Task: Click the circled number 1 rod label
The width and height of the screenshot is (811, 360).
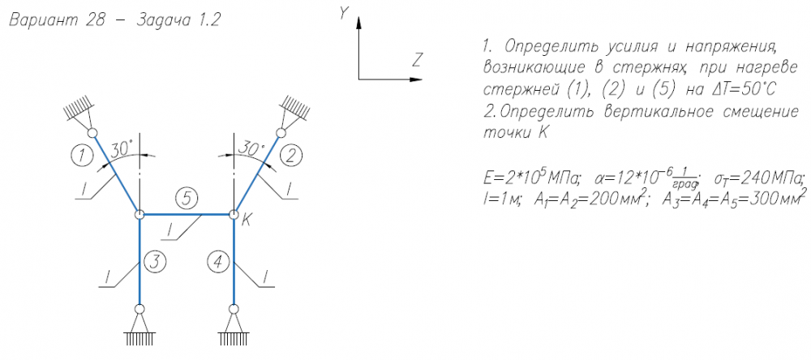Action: (80, 153)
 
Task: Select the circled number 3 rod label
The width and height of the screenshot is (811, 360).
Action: (155, 261)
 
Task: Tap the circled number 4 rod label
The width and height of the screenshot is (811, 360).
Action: (218, 261)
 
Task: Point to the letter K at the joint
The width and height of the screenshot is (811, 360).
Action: (245, 221)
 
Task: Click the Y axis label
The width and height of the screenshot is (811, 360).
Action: (344, 13)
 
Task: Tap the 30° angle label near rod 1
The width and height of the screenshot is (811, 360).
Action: (122, 149)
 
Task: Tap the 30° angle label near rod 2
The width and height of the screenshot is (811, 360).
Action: (251, 149)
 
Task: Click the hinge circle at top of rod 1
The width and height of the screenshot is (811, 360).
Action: (92, 133)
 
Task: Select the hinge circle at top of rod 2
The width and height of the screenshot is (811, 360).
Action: (281, 133)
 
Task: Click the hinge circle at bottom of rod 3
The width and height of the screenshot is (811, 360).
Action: (139, 308)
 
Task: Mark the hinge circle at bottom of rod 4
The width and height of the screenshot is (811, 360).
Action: (234, 308)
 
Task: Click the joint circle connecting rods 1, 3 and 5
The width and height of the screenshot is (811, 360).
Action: (139, 215)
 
